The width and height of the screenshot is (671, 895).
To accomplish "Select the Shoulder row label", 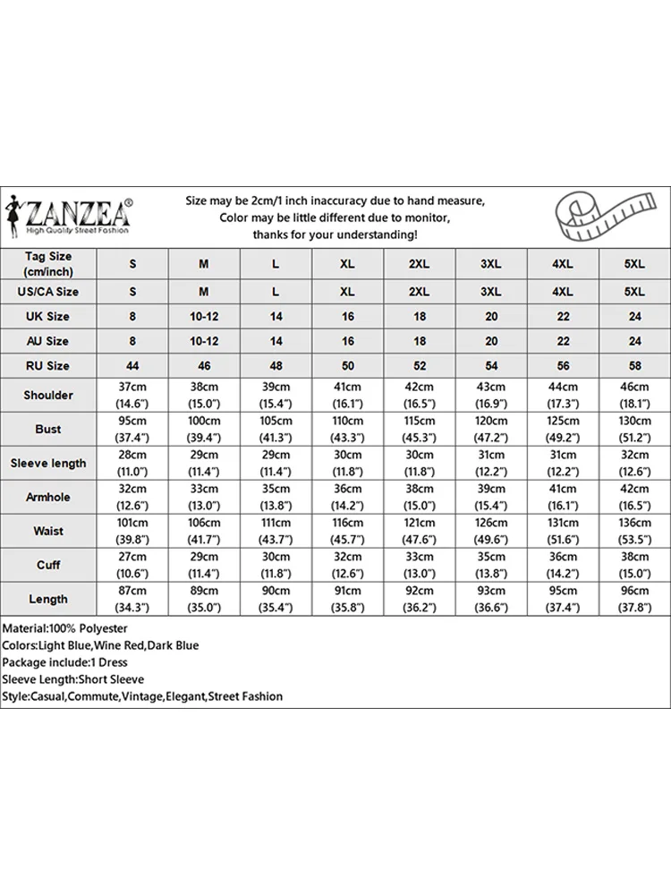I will (x=48, y=395).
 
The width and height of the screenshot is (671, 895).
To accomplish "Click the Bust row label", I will (x=48, y=429).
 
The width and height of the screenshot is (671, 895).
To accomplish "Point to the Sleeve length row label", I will (x=48, y=463).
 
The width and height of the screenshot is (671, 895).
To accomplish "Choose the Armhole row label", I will (x=48, y=497).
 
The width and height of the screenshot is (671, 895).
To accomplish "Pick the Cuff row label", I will (x=48, y=565).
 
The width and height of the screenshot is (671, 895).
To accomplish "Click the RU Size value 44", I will (x=132, y=365).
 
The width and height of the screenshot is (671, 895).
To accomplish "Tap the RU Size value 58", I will (x=634, y=365).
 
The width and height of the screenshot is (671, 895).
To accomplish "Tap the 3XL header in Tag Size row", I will (x=490, y=264).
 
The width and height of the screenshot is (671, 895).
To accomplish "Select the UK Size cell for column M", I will (x=204, y=316).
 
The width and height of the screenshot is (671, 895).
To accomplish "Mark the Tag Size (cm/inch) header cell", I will (x=48, y=264).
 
